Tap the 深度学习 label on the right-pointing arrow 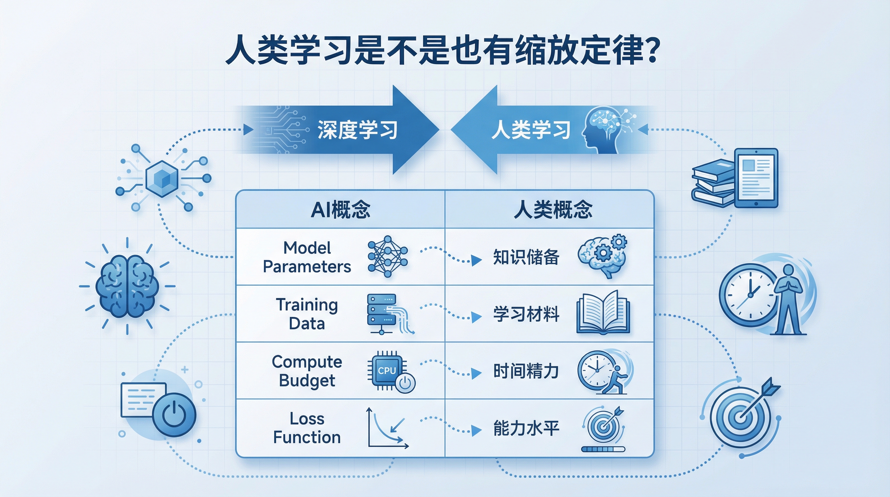pyautogui.click(x=357, y=130)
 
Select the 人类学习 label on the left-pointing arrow pyautogui.click(x=531, y=130)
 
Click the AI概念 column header pyautogui.click(x=340, y=209)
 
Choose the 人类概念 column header pyautogui.click(x=553, y=209)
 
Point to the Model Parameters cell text pyautogui.click(x=307, y=257)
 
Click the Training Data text pyautogui.click(x=307, y=314)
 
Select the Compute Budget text pyautogui.click(x=307, y=371)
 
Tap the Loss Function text pyautogui.click(x=307, y=428)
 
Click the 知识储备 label pyautogui.click(x=526, y=257)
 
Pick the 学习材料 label pyautogui.click(x=526, y=314)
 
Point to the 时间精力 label pyautogui.click(x=526, y=371)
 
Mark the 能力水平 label pyautogui.click(x=526, y=428)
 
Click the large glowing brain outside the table pyautogui.click(x=127, y=286)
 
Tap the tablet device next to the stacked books pyautogui.click(x=756, y=178)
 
